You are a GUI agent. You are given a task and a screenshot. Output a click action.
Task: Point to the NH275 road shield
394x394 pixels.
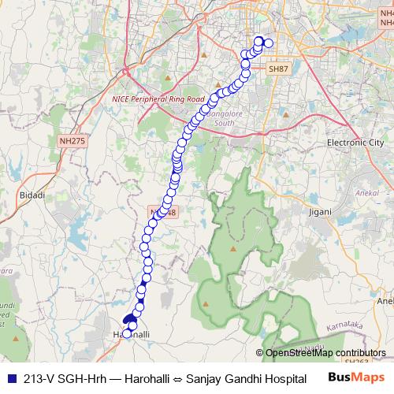tap(71, 140)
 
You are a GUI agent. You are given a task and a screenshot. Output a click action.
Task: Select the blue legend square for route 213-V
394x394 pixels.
tap(10, 378)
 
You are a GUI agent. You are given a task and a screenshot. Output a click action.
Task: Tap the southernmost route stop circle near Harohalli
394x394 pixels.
tap(126, 333)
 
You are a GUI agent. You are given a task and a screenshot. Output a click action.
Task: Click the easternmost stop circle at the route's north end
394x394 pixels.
tap(269, 43)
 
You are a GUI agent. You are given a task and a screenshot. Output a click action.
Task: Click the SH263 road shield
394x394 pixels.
tap(357, 362)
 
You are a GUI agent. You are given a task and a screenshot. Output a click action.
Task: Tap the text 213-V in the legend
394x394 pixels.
tap(38, 378)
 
